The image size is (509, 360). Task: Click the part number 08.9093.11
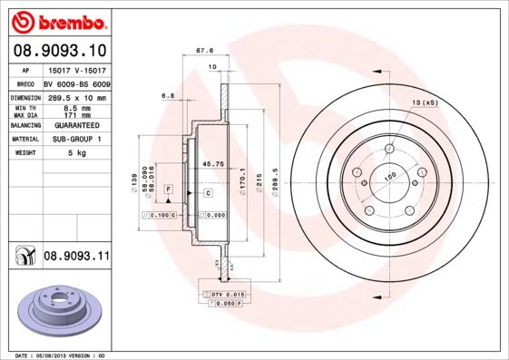coord(76,258)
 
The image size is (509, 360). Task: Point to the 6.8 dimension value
coord(167,94)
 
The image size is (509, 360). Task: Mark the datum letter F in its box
coord(168,188)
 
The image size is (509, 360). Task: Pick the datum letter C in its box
coord(208,193)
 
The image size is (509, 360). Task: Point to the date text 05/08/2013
coord(62,355)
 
